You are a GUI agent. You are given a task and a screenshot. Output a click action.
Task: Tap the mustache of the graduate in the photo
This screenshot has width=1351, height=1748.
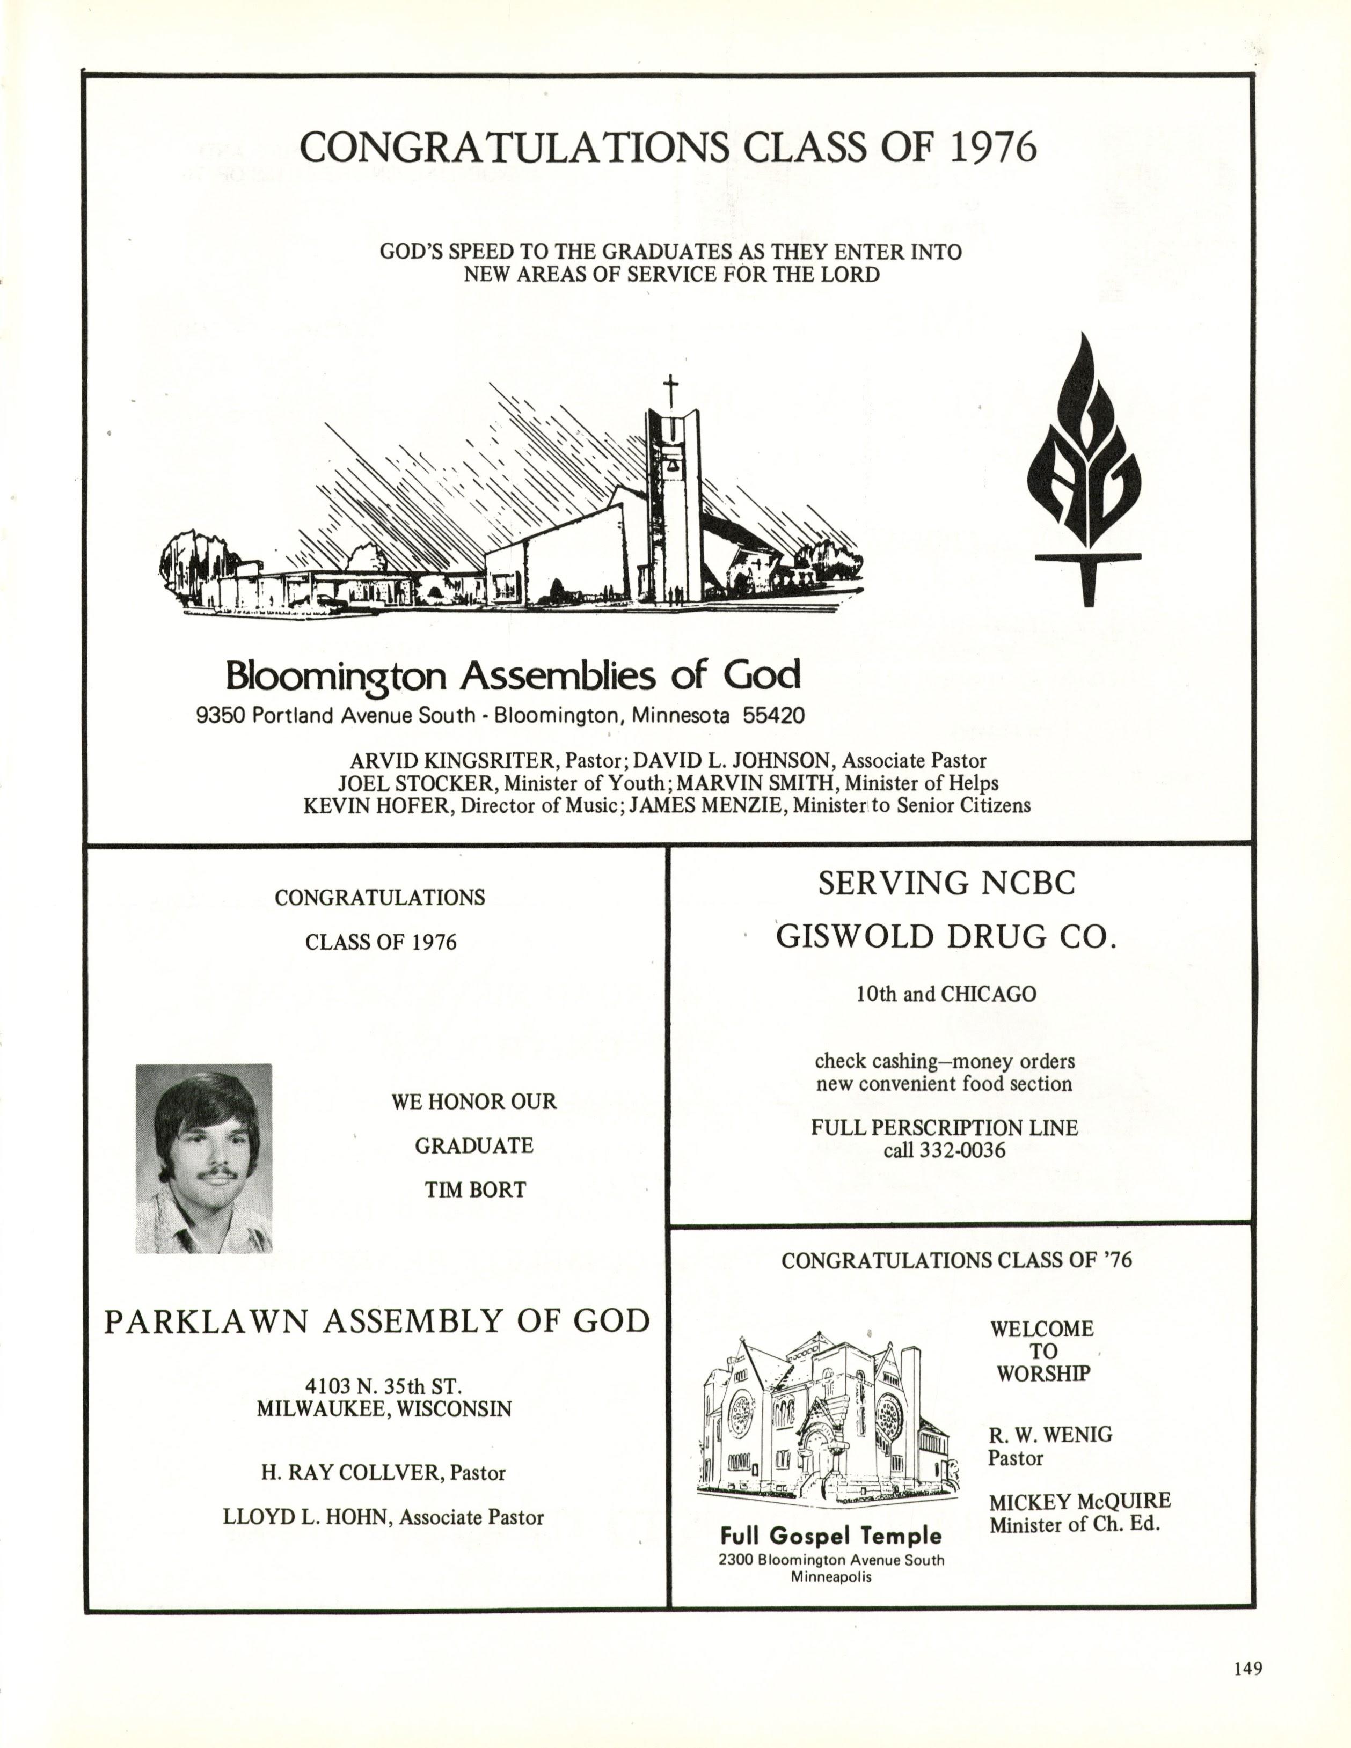(x=218, y=1173)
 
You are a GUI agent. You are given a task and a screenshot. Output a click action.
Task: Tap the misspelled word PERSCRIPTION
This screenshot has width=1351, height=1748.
(x=932, y=1128)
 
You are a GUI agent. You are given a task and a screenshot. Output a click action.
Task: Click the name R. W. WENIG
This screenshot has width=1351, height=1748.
(x=1050, y=1434)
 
